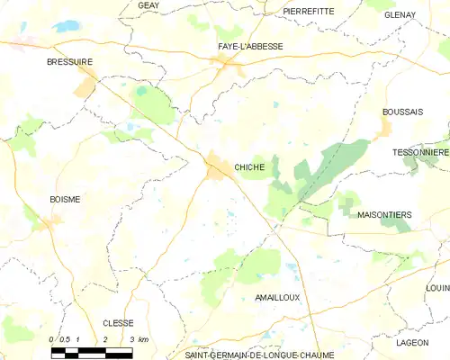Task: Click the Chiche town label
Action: point(249,167)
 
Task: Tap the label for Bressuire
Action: point(70,62)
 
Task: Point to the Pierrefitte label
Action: point(308,11)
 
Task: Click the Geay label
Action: point(148,5)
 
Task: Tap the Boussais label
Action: point(402,112)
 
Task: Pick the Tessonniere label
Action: point(420,153)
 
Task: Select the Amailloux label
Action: point(276,297)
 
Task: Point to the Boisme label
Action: point(65,200)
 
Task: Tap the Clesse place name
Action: point(118,323)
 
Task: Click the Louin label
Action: point(437,288)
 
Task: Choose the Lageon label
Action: point(412,343)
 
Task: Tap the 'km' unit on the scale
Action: point(144,339)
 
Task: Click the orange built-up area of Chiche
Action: point(218,166)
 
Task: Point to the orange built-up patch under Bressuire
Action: point(86,86)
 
